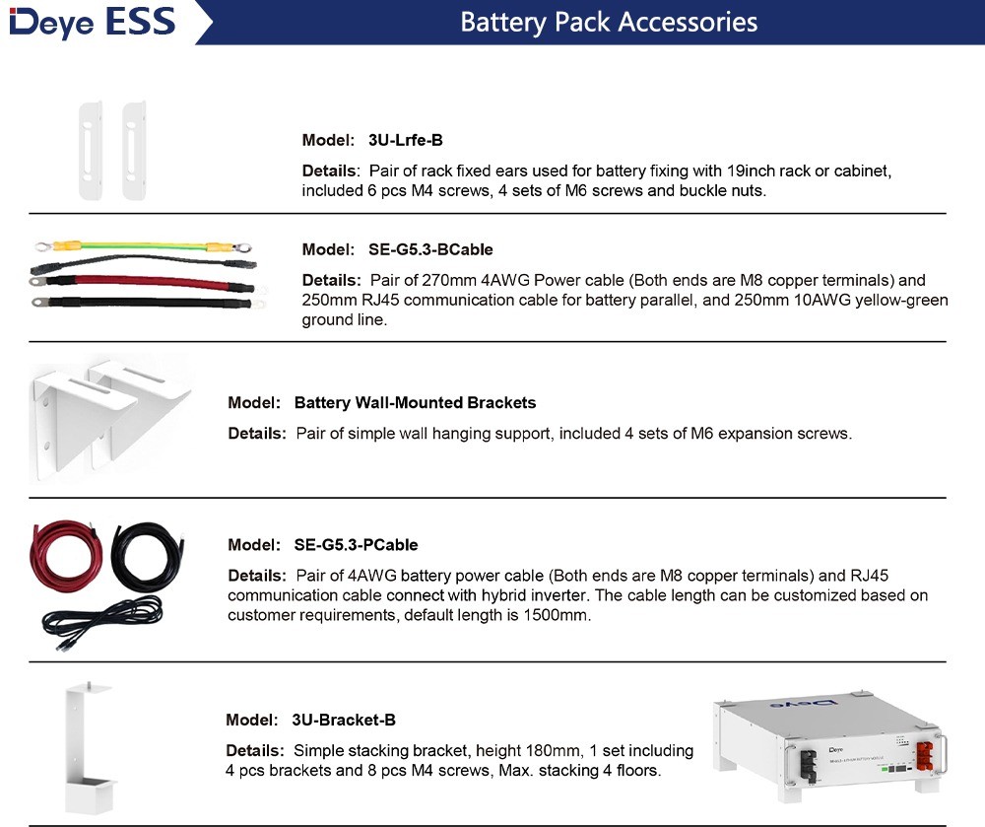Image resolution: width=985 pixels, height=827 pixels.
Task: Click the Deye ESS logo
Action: point(93,22)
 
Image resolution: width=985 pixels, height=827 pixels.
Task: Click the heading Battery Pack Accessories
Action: point(609,22)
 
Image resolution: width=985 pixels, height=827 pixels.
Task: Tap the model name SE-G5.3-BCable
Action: point(425,249)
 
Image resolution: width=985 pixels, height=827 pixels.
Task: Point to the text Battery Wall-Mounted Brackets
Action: point(415,402)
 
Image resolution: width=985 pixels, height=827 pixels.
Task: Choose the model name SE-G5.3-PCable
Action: point(356,544)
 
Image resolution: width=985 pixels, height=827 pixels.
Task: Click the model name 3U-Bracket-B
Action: point(344,720)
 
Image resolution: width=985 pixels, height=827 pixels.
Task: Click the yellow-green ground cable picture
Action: point(144,245)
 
